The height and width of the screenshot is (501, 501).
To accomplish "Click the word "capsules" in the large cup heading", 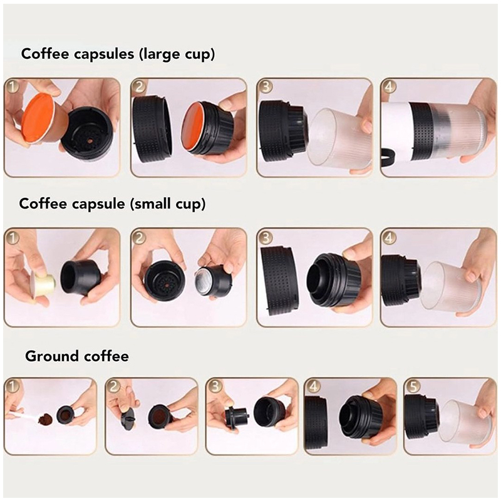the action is tap(104, 54).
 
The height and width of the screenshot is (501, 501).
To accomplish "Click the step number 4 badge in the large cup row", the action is tap(388, 87).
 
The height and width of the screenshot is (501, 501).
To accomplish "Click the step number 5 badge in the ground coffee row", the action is tap(413, 386).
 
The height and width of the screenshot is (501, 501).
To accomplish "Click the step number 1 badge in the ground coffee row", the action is tap(13, 386).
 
